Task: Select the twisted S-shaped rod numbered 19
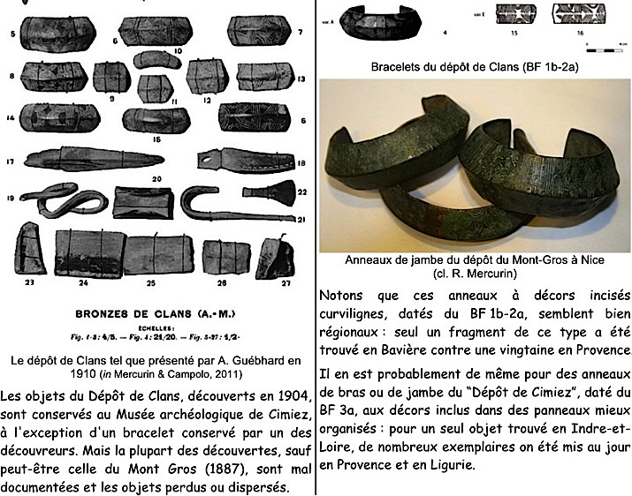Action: click(x=63, y=206)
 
